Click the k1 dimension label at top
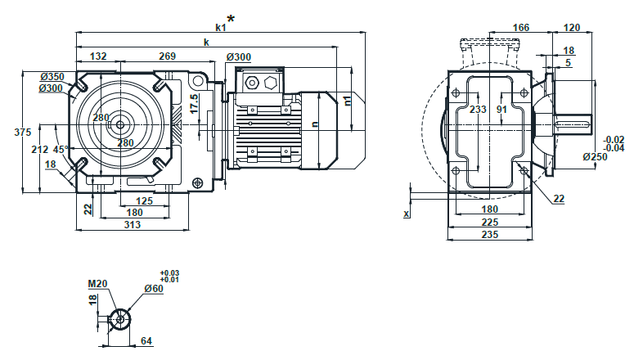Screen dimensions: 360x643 pyautogui.click(x=221, y=26)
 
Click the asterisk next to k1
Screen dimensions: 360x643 pyautogui.click(x=232, y=18)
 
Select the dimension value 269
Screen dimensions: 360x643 pyautogui.click(x=167, y=56)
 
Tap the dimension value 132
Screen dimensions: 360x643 pyautogui.click(x=98, y=56)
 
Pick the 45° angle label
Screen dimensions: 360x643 pyautogui.click(x=60, y=150)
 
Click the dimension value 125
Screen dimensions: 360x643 pyautogui.click(x=144, y=201)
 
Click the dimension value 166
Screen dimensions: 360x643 pyautogui.click(x=520, y=27)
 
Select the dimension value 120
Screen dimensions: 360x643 pyautogui.click(x=573, y=27)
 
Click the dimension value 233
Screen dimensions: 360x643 pyautogui.click(x=479, y=109)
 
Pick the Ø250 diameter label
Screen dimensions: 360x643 pyautogui.click(x=595, y=156)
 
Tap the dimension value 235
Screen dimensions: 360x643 pyautogui.click(x=489, y=234)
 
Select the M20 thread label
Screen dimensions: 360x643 pyautogui.click(x=98, y=284)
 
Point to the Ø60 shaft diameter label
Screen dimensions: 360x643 pyautogui.click(x=153, y=289)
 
